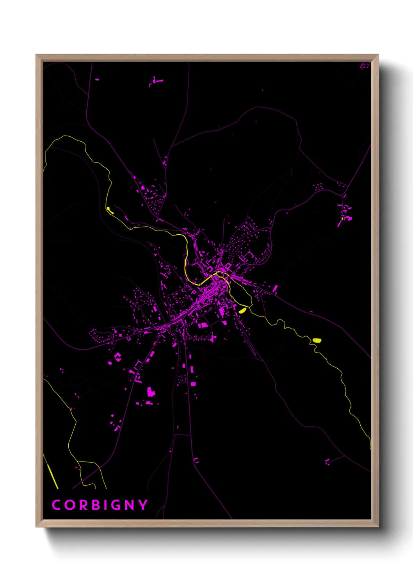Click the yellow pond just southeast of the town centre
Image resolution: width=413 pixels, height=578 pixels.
242,310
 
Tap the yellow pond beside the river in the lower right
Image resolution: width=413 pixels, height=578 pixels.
317,341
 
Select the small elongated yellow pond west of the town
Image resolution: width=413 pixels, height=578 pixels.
110,211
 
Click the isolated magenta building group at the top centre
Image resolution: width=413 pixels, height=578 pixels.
157,82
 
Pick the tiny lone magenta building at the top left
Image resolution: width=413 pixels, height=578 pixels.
97,79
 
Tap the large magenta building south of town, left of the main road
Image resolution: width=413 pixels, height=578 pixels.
151,392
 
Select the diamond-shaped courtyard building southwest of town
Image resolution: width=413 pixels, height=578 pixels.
117,356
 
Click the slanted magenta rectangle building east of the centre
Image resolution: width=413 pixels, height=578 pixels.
275,289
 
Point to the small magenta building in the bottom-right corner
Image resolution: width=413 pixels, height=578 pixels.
327,462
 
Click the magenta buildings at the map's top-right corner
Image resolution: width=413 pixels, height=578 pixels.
365,66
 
